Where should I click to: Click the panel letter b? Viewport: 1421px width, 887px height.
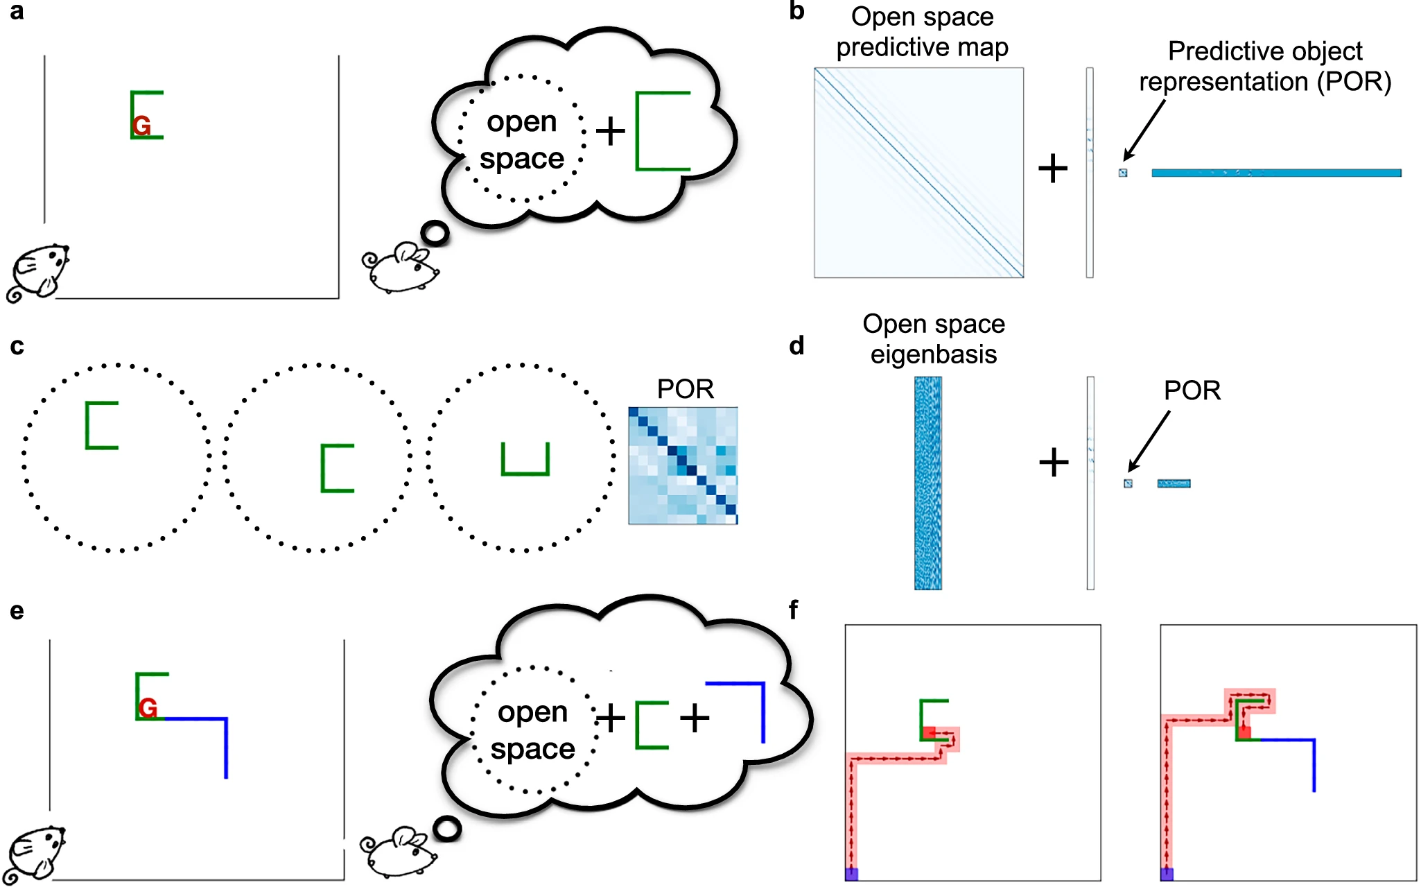[x=796, y=12]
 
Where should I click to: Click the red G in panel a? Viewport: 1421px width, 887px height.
[x=141, y=126]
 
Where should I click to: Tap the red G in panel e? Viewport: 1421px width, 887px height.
[x=148, y=708]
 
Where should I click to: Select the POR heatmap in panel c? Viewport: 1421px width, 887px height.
[x=683, y=465]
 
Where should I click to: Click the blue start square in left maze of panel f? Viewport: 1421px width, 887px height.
[x=852, y=874]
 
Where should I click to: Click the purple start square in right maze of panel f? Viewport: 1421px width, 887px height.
[x=1167, y=874]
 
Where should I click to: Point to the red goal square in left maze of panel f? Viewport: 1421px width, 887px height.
[x=929, y=732]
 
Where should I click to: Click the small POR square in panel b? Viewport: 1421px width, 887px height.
[x=1123, y=173]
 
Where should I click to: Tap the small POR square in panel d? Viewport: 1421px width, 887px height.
[x=1128, y=483]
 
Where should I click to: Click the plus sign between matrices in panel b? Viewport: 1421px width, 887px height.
[x=1053, y=169]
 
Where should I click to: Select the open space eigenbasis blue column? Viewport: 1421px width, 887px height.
[x=927, y=483]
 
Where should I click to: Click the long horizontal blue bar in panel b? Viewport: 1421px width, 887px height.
[x=1275, y=173]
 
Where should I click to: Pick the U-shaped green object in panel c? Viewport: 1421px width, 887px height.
[x=525, y=459]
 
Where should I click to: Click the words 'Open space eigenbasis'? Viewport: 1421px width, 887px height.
[x=933, y=339]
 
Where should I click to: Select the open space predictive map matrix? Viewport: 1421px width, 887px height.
[x=918, y=173]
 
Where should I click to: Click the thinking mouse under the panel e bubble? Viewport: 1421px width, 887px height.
[x=399, y=851]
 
